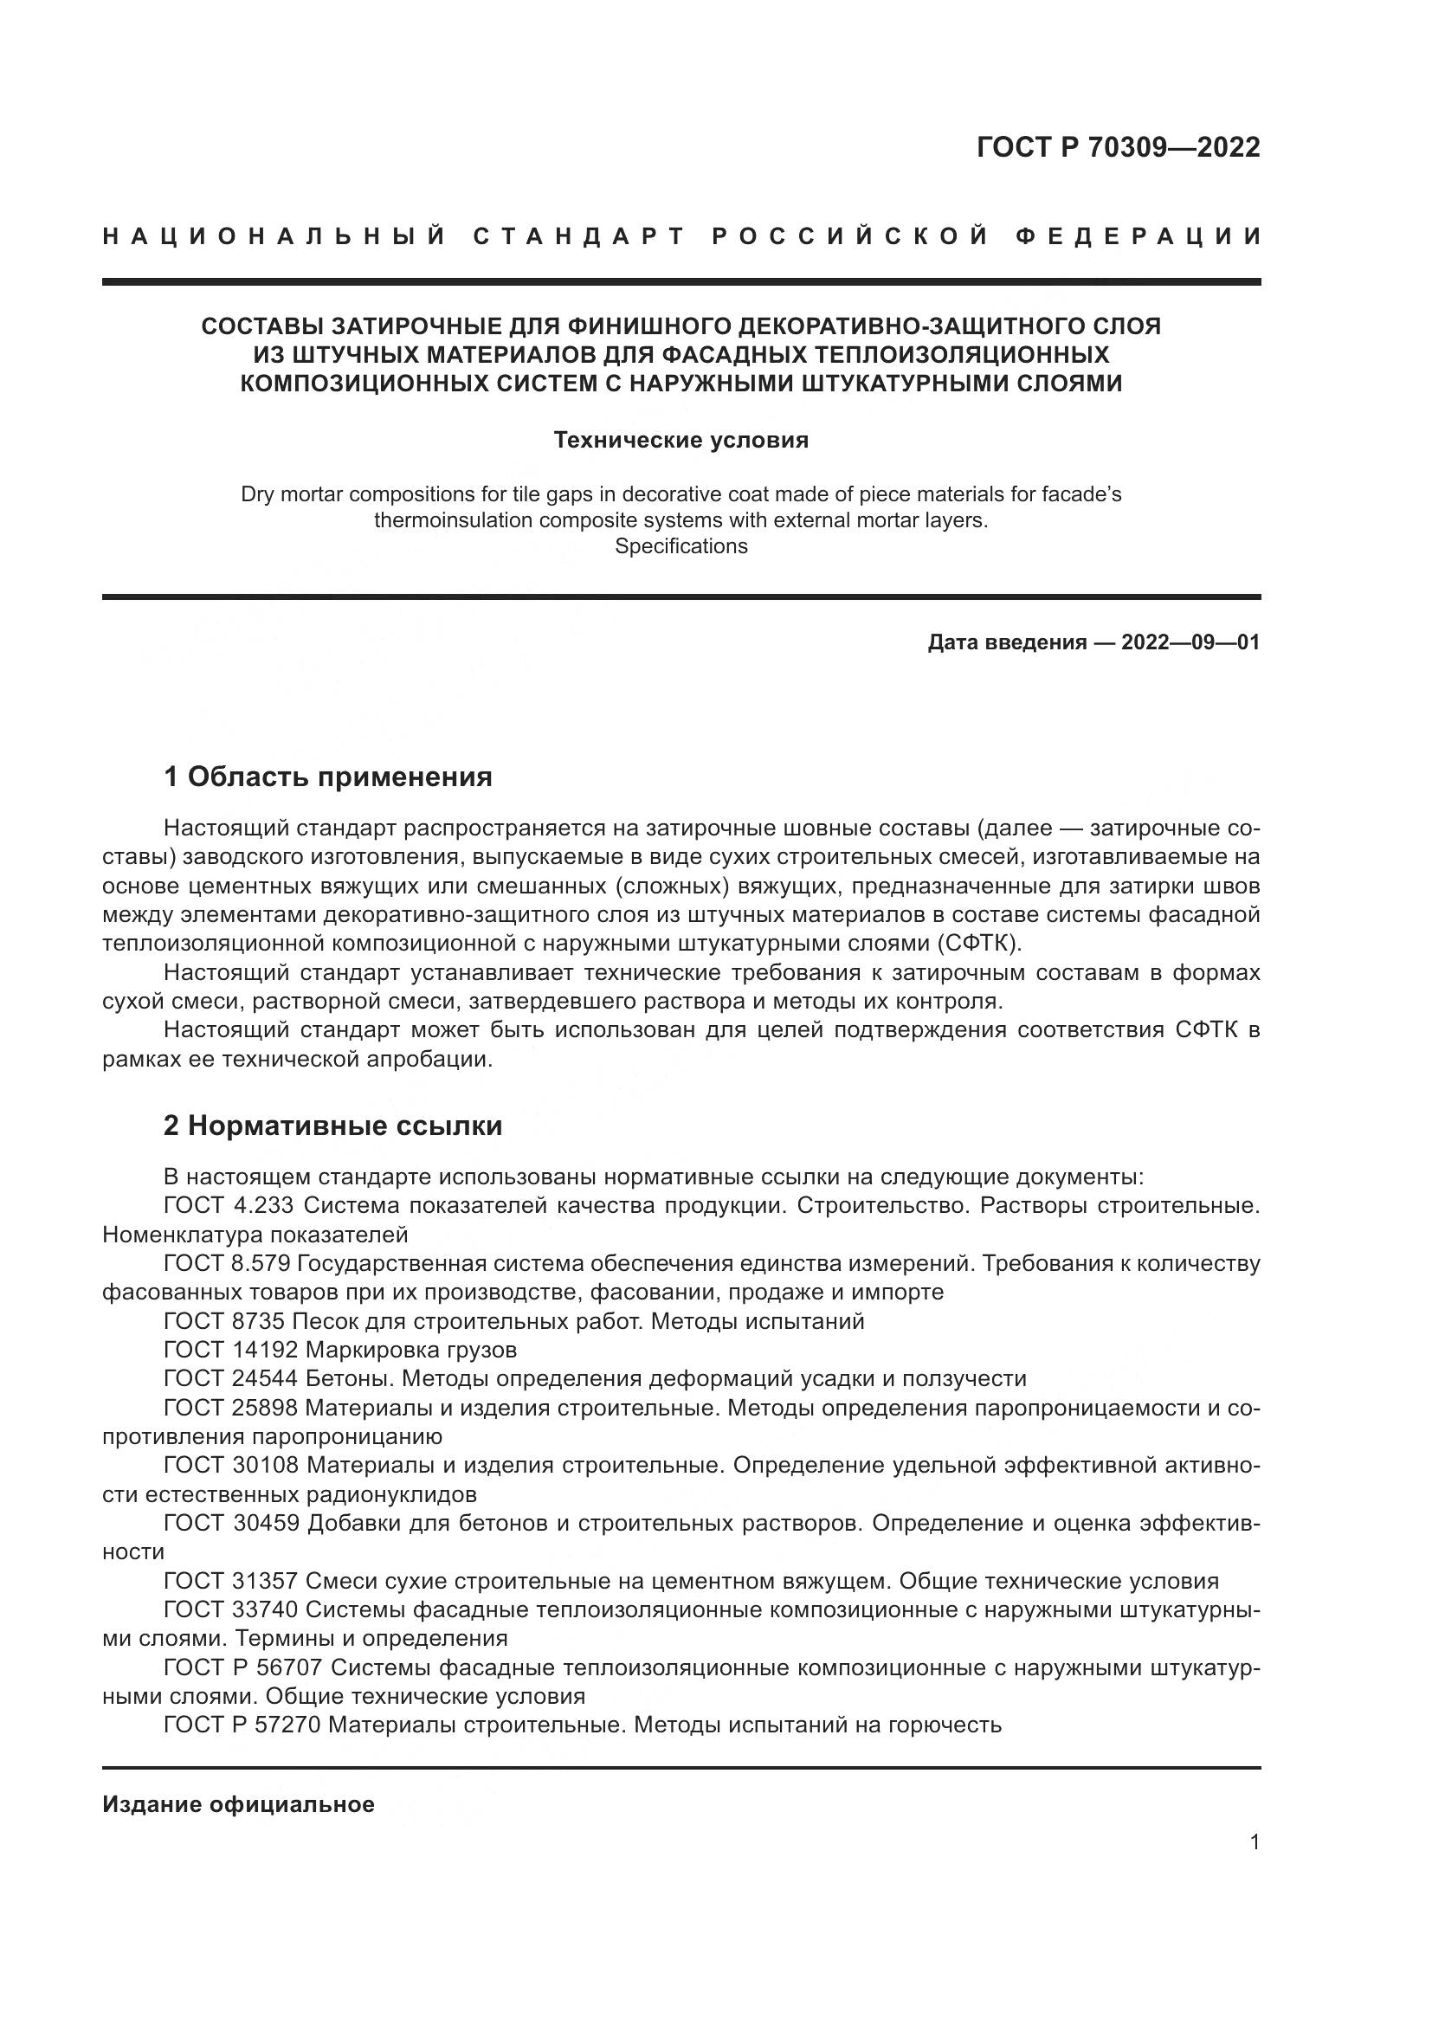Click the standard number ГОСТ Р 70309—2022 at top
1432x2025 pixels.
pos(1118,147)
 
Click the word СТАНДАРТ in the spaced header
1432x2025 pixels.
pos(578,237)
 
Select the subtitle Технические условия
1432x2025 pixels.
pos(681,440)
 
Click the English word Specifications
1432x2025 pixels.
pos(681,547)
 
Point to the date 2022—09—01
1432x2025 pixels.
pos(1190,642)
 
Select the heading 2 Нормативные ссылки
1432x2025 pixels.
pos(332,1126)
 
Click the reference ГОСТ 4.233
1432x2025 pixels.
pos(229,1206)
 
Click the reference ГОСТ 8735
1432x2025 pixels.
pos(223,1321)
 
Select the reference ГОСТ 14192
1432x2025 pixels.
pos(229,1351)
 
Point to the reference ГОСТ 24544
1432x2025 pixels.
pos(229,1378)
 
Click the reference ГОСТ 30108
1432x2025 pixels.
pos(229,1466)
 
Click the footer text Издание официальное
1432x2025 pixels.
pos(238,1804)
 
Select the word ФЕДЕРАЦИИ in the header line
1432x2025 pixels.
pos(1138,237)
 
